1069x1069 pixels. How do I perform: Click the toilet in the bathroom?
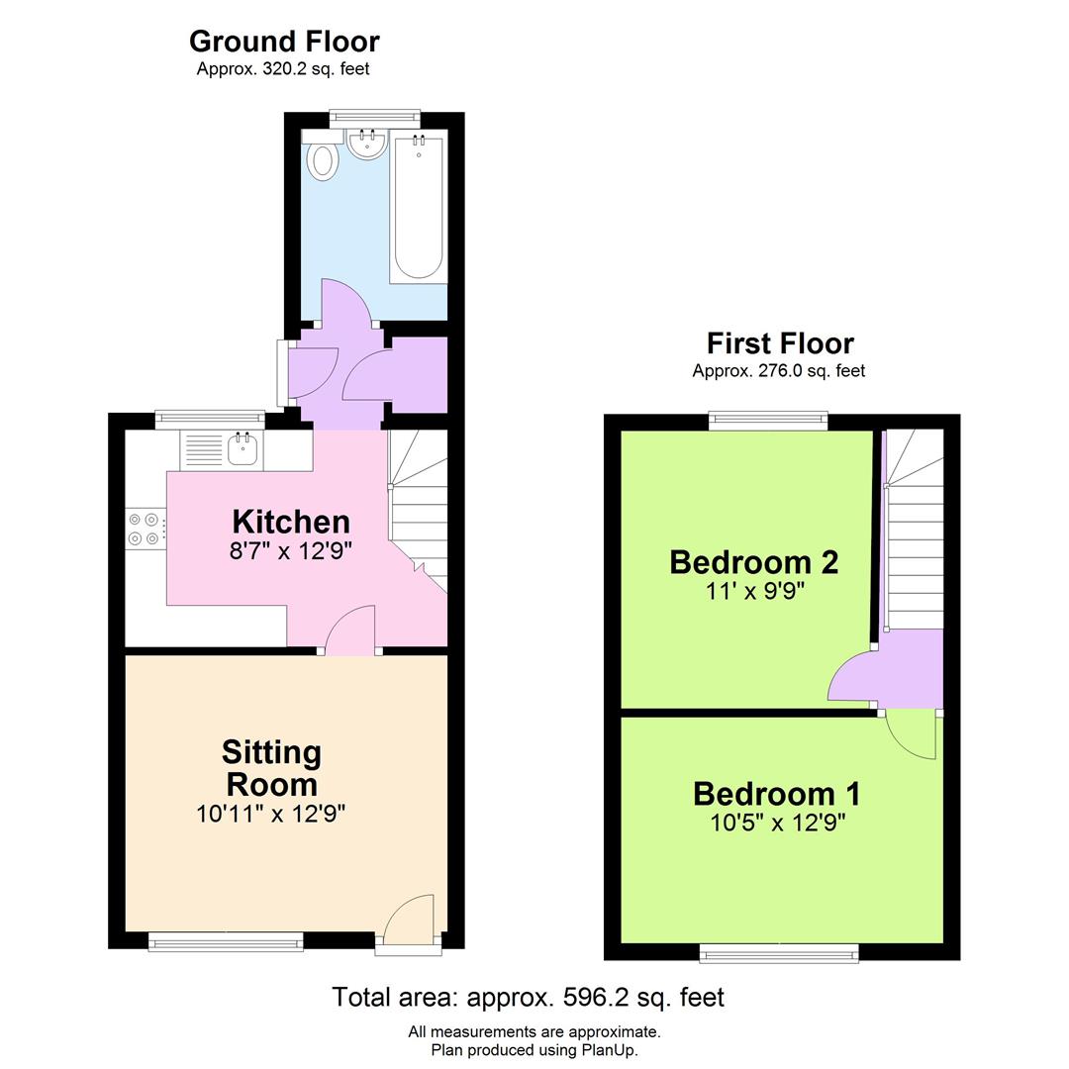[x=322, y=159]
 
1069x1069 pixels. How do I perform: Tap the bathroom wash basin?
[x=367, y=145]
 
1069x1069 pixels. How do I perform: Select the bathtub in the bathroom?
[x=418, y=208]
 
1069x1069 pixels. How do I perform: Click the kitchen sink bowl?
[x=243, y=450]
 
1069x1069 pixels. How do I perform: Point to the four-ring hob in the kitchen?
[x=146, y=528]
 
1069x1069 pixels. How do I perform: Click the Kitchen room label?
[x=291, y=522]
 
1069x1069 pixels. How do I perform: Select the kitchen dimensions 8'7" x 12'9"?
[x=291, y=551]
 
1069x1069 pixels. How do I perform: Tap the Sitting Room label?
[x=272, y=768]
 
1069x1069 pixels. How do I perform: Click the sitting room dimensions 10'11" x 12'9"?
[x=271, y=814]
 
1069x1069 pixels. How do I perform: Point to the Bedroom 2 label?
[x=754, y=562]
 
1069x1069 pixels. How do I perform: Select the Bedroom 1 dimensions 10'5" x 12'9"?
[x=777, y=823]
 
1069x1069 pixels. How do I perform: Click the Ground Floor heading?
[x=284, y=42]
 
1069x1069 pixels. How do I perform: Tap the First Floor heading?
[x=779, y=343]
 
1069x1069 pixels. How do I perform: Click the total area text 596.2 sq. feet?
[x=528, y=997]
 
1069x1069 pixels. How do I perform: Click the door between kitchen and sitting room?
[x=350, y=633]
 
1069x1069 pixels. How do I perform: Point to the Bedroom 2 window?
[x=768, y=422]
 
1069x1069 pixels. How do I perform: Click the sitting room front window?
[x=226, y=941]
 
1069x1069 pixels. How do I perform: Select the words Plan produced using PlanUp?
[x=534, y=1050]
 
